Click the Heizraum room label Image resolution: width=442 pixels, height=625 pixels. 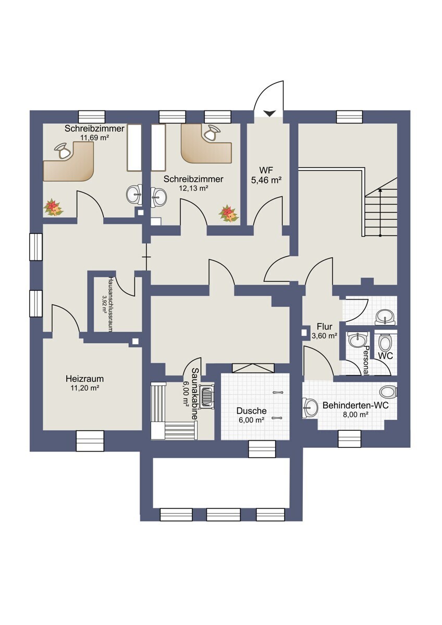pyautogui.click(x=84, y=379)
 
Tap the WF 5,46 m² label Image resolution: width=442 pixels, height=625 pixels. pyautogui.click(x=266, y=175)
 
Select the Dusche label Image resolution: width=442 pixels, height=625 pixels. pyautogui.click(x=252, y=411)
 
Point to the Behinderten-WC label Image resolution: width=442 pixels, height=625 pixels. pyautogui.click(x=355, y=405)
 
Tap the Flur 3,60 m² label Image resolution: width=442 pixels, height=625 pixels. pyautogui.click(x=324, y=331)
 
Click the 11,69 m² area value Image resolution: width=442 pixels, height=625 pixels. pyautogui.click(x=94, y=137)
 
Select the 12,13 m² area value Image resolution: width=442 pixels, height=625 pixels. pyautogui.click(x=193, y=188)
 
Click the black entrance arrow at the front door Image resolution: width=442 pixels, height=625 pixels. pyautogui.click(x=269, y=114)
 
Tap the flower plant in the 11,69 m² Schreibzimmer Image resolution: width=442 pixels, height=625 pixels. pyautogui.click(x=53, y=207)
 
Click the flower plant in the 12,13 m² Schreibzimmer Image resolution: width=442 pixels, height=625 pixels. pyautogui.click(x=229, y=214)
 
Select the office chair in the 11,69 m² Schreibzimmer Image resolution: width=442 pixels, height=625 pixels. pyautogui.click(x=63, y=151)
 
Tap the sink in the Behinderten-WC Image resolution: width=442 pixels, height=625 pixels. pyautogui.click(x=310, y=407)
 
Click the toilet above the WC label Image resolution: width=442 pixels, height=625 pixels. pyautogui.click(x=386, y=343)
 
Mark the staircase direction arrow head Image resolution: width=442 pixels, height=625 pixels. pyautogui.click(x=380, y=190)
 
